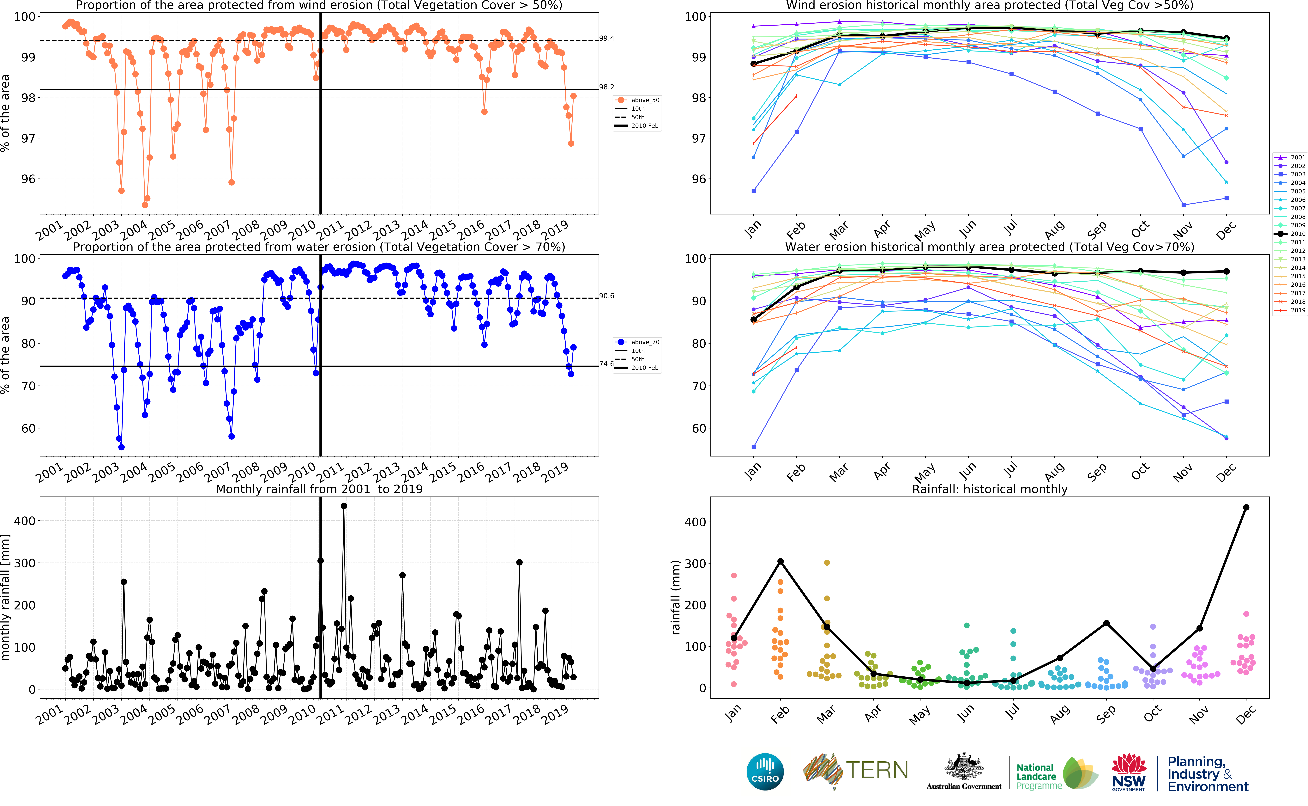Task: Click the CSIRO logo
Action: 765,771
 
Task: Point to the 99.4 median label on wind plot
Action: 606,38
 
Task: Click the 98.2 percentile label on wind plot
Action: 606,87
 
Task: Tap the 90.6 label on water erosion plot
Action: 606,296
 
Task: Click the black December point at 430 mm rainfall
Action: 1246,507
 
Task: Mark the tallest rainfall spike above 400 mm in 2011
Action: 344,506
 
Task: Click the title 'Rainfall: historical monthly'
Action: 989,489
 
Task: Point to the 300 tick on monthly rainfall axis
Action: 25,563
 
